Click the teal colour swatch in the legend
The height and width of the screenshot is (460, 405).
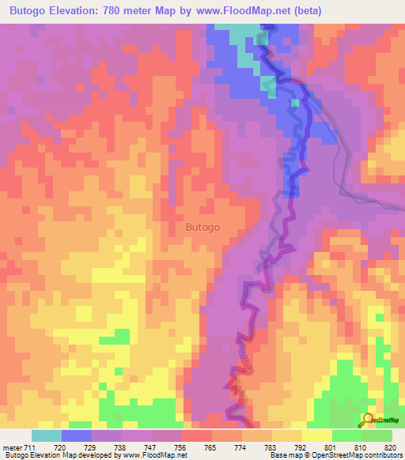47,435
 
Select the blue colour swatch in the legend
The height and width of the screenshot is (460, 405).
77,435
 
